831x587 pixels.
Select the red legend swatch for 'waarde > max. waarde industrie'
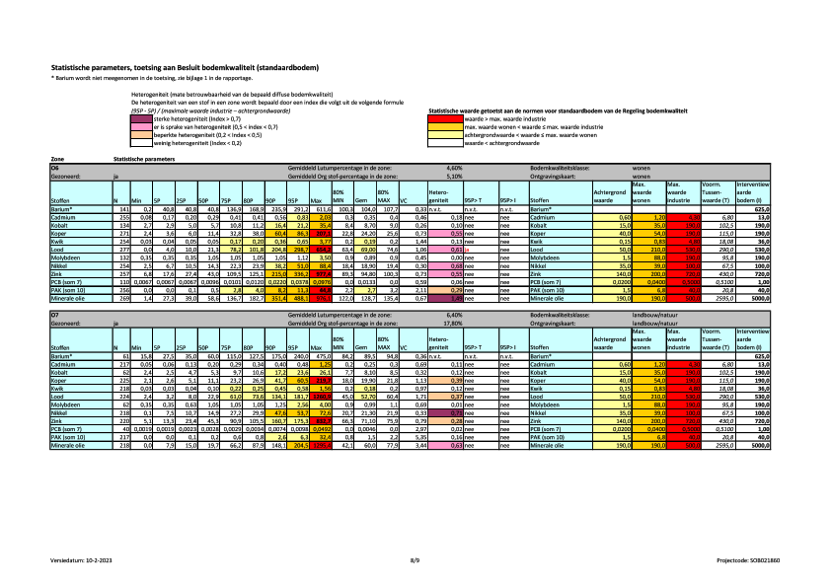pyautogui.click(x=441, y=117)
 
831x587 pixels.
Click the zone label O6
pyautogui.click(x=55, y=169)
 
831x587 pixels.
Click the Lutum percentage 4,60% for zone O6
pyautogui.click(x=454, y=169)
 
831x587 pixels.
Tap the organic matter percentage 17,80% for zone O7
pyautogui.click(x=454, y=322)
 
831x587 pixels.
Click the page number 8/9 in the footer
pyautogui.click(x=415, y=558)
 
